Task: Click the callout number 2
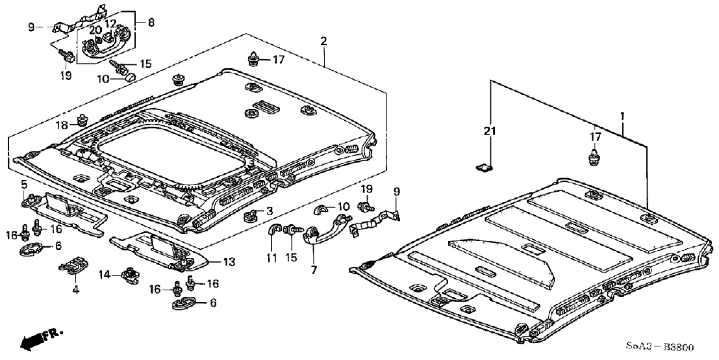(323, 42)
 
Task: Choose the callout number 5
(24, 185)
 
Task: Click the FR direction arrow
(39, 339)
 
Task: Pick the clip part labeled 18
(82, 120)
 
